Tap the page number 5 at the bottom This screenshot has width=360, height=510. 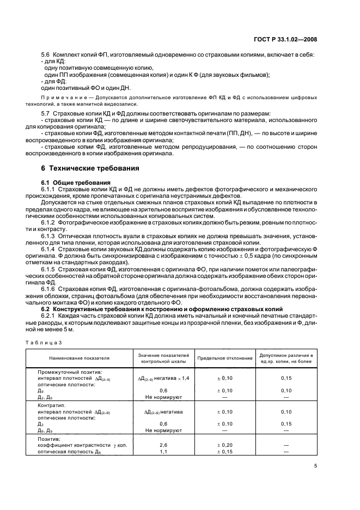click(x=315, y=466)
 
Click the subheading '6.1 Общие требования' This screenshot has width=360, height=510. click(x=70, y=181)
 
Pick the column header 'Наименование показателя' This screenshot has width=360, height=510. click(x=79, y=358)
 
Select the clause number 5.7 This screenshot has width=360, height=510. click(x=45, y=112)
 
